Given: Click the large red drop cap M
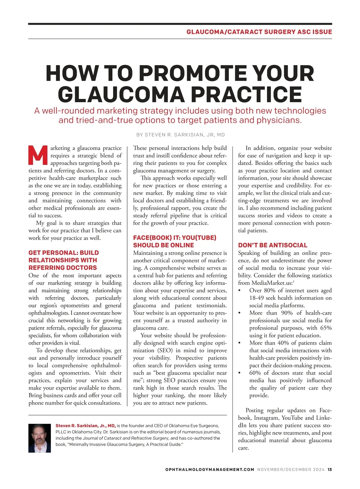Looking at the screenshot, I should tap(38, 155).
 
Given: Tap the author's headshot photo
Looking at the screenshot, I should tap(40, 438).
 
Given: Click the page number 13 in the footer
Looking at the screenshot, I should tap(330, 470).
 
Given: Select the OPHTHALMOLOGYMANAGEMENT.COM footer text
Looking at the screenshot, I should tap(210, 470).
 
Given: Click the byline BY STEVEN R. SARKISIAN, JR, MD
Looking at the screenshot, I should tap(180, 135).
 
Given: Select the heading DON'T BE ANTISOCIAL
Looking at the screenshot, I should tap(273, 245).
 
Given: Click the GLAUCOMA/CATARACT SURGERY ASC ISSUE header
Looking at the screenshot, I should tap(259, 32).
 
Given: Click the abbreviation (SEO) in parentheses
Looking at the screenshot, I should tap(164, 350).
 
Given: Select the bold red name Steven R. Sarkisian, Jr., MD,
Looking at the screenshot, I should tap(85, 426).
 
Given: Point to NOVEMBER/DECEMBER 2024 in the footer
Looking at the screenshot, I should tap(291, 470).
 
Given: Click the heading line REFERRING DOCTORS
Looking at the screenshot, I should tap(63, 268).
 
